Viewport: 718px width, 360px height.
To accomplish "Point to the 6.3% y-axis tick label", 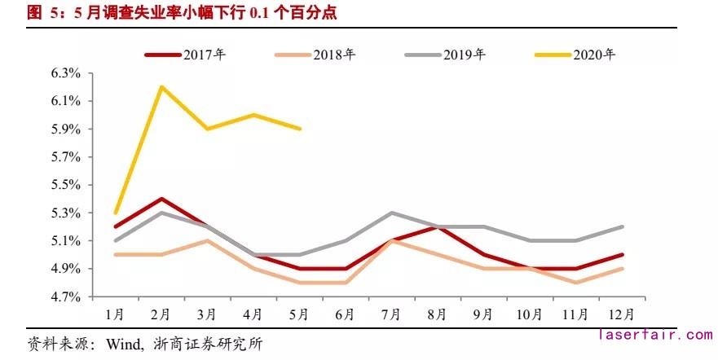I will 65,73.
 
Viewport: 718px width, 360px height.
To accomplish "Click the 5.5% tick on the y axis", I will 65,185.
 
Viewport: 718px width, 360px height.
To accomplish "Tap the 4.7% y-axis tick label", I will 65,296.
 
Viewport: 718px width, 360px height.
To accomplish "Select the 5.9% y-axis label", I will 65,129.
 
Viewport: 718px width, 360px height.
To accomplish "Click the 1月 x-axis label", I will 115,313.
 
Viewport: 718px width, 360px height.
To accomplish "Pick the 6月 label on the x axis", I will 346,313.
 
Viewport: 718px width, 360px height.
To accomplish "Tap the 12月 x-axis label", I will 621,313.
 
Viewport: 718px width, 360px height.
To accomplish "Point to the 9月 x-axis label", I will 483,313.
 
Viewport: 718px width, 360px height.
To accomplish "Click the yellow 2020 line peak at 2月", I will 161,86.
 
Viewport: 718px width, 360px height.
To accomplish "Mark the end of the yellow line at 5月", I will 300,129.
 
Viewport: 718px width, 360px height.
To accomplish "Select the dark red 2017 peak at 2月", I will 161,198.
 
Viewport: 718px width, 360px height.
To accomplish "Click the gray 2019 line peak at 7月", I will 392,213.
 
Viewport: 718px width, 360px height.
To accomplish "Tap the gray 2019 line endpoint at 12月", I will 622,226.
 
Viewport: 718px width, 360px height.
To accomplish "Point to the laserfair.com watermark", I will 654,335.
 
